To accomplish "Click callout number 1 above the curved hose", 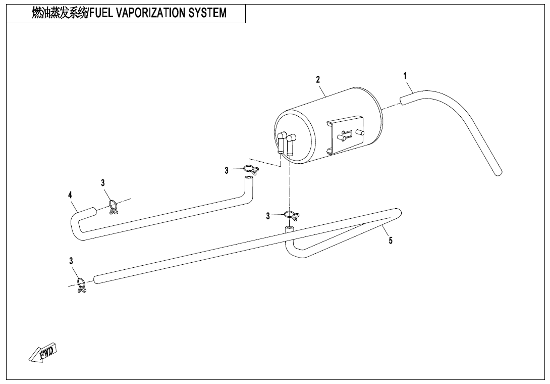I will click(405, 76).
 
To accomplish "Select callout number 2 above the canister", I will click(318, 79).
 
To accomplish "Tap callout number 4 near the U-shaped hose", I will click(70, 195).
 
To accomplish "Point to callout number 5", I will click(391, 241).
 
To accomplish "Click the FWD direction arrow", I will click(43, 353).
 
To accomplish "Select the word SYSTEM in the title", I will click(207, 13).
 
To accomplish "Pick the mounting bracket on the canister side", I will click(346, 133).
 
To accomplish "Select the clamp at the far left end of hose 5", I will click(81, 285).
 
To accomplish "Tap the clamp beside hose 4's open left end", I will click(114, 207).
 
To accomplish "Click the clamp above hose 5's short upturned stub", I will click(291, 216).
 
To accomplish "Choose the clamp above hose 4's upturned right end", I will click(250, 170).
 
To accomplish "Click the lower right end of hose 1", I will click(498, 172).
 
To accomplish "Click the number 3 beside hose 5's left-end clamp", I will click(71, 261).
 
